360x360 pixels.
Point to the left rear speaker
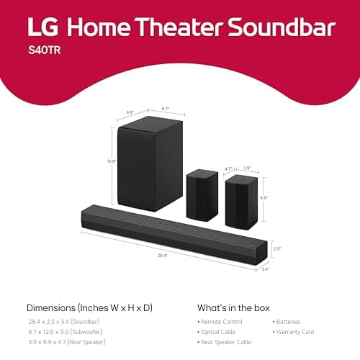pyautogui.click(x=202, y=194)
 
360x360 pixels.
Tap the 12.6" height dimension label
pyautogui.click(x=112, y=161)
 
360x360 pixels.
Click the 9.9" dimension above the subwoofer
pyautogui.click(x=131, y=112)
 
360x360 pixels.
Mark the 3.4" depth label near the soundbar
pyautogui.click(x=265, y=269)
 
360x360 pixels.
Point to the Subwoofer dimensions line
pyautogui.click(x=66, y=332)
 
